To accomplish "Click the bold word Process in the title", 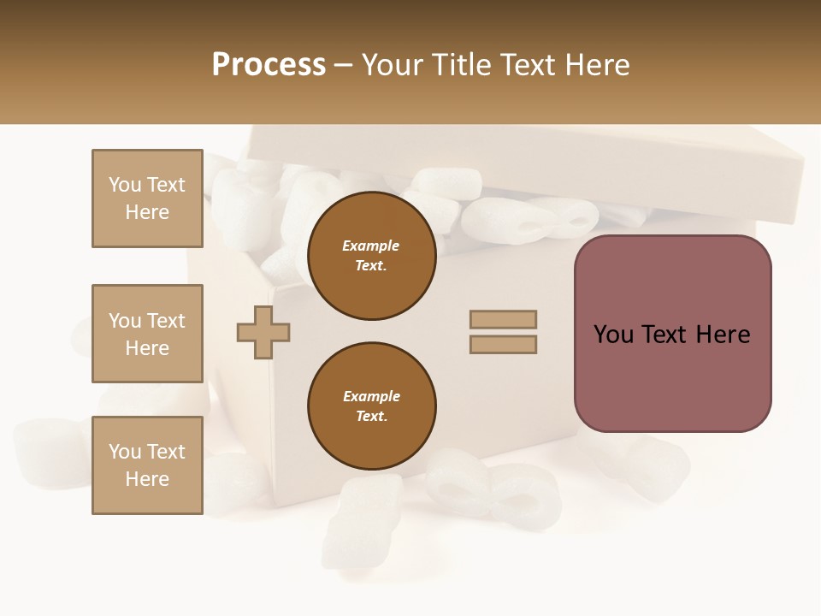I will click(x=269, y=65).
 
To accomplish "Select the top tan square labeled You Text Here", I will click(x=147, y=198).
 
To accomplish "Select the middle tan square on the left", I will click(x=147, y=334).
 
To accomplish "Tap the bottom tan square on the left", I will click(x=147, y=465).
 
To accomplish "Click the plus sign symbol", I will click(x=263, y=332).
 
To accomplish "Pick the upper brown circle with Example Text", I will click(x=371, y=256).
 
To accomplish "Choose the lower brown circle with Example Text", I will click(x=371, y=406).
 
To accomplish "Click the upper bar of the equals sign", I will click(x=503, y=319).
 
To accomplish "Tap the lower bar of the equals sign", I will click(x=503, y=345).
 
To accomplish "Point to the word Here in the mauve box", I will click(x=723, y=335).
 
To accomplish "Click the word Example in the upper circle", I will click(x=371, y=246).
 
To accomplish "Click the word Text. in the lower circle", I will click(x=371, y=417).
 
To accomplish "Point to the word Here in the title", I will click(x=596, y=65).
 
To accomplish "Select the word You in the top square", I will click(x=125, y=185).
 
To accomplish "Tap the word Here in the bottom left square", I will click(x=147, y=479).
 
